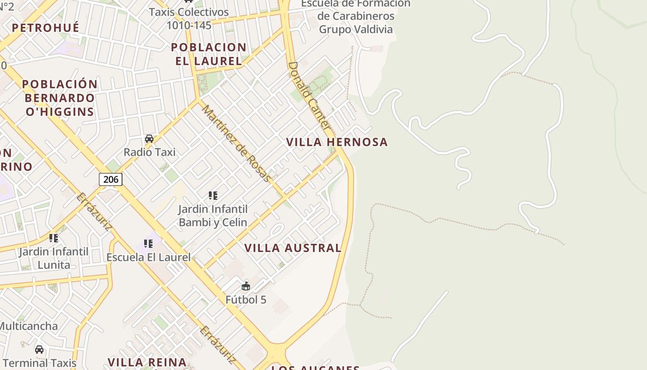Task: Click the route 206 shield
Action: click(x=110, y=179)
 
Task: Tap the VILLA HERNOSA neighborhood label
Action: click(x=337, y=142)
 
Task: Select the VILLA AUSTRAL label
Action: click(x=293, y=248)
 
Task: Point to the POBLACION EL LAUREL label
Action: click(x=208, y=54)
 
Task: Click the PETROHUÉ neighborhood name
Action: click(x=45, y=28)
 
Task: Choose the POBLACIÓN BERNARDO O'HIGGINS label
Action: click(x=60, y=98)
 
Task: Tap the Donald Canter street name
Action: click(x=308, y=95)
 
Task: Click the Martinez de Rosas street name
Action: click(x=236, y=143)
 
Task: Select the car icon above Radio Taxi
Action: click(x=149, y=139)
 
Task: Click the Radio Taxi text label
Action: click(x=149, y=152)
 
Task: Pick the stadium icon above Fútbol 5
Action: click(x=246, y=286)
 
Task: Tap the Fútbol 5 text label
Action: click(x=246, y=300)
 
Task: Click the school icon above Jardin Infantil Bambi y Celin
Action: click(x=213, y=196)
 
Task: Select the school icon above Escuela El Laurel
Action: click(x=148, y=243)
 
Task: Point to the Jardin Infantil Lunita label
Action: click(x=54, y=259)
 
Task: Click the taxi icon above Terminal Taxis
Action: click(x=39, y=349)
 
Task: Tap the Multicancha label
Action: click(x=29, y=326)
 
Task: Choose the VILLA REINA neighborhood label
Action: click(x=147, y=362)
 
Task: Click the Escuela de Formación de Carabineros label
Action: click(x=356, y=16)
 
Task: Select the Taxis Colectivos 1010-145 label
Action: click(x=189, y=18)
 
